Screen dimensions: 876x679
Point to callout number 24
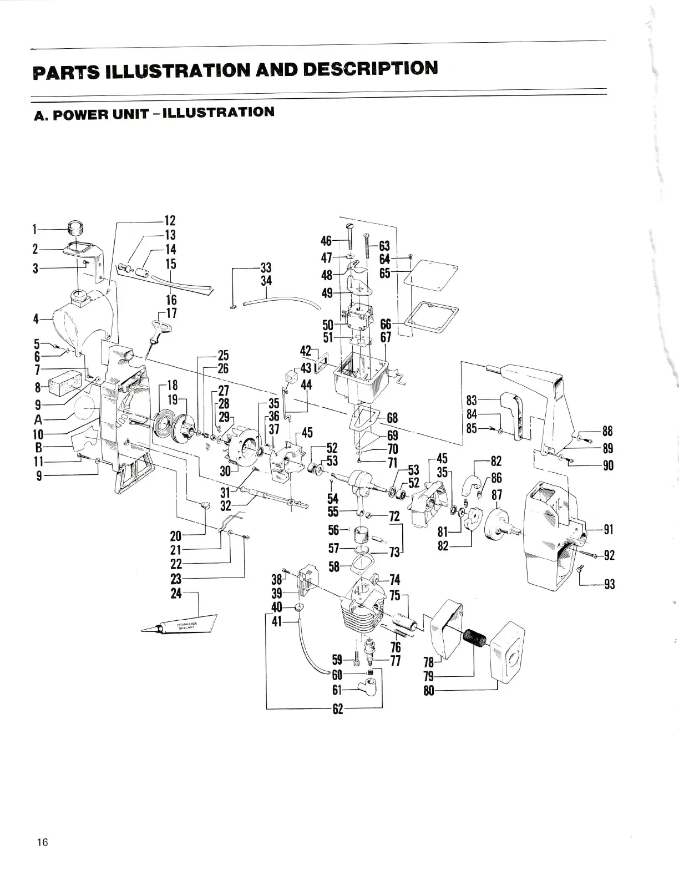pos(176,593)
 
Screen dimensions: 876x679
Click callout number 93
pos(609,584)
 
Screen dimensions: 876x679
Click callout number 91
pos(609,529)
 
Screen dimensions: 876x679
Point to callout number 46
pos(326,241)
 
